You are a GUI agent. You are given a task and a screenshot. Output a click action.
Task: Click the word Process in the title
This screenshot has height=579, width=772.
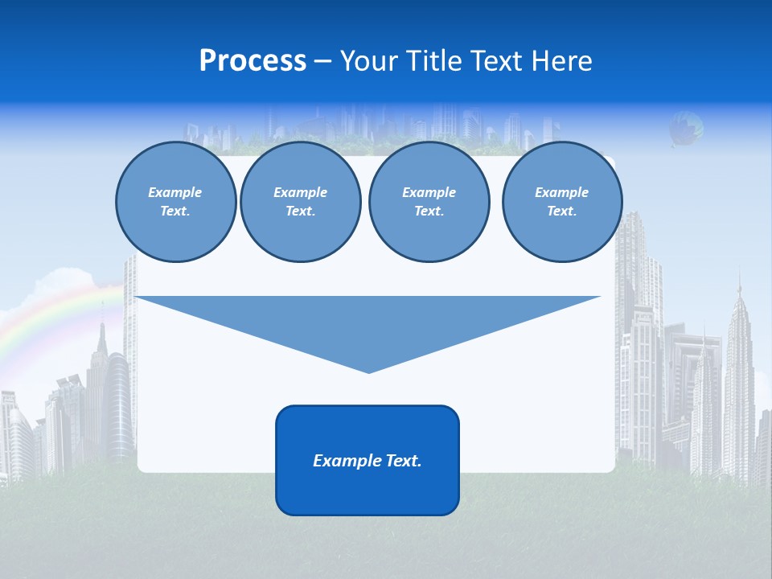[x=253, y=61]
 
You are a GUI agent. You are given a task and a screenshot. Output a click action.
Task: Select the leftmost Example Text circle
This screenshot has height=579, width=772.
[x=175, y=202]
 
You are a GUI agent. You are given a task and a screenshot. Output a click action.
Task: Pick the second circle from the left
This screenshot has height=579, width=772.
[x=300, y=202]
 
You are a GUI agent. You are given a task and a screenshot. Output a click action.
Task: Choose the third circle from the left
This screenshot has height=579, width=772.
[x=429, y=202]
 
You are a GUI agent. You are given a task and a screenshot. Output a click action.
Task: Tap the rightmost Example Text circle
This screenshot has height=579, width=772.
[x=561, y=202]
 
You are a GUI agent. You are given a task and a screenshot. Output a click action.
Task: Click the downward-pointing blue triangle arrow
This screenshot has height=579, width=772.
[x=368, y=322]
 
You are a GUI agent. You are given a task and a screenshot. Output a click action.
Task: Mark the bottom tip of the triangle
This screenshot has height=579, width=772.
[x=368, y=371]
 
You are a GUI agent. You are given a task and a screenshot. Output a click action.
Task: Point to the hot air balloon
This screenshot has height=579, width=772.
[x=685, y=128]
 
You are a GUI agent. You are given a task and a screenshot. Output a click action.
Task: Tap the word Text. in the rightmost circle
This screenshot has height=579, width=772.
[x=561, y=211]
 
